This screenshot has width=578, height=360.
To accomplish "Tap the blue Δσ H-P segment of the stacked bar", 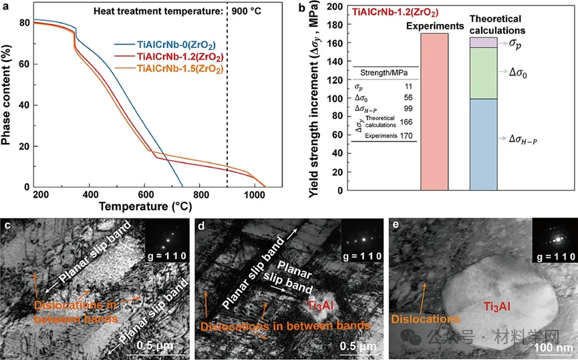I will [483, 144].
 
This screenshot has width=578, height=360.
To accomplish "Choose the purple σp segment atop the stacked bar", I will [483, 42].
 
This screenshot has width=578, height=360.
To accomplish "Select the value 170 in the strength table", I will [406, 135].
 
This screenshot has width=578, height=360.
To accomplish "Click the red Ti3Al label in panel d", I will [321, 305].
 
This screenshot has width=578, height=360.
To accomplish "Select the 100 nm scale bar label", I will [553, 348].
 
